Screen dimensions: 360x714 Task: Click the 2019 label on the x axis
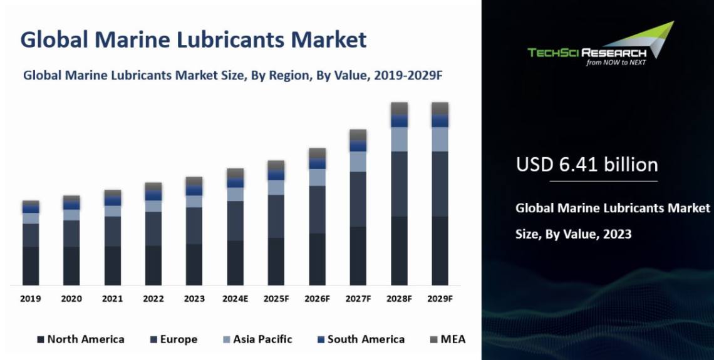click(31, 299)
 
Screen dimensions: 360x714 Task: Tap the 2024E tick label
click(235, 299)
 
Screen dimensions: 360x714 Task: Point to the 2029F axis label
click(440, 299)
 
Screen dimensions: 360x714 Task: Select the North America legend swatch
click(41, 339)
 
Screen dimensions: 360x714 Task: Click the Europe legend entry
click(178, 339)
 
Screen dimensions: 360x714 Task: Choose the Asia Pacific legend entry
click(262, 339)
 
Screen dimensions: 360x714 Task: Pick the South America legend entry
click(366, 339)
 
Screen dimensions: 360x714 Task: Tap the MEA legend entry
click(453, 339)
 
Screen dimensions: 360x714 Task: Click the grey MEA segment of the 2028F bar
click(399, 108)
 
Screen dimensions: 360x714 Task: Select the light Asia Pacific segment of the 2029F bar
click(440, 139)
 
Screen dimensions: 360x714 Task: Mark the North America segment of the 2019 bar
click(31, 265)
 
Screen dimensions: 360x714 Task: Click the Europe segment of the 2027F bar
click(358, 198)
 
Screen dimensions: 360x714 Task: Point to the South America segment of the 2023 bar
click(194, 190)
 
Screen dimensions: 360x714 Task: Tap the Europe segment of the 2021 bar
click(113, 231)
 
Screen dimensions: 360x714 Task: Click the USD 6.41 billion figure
click(587, 165)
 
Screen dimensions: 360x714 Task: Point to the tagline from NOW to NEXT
click(616, 62)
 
